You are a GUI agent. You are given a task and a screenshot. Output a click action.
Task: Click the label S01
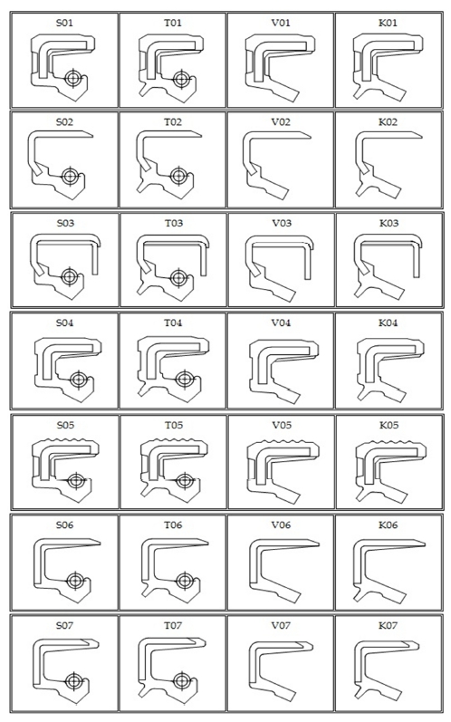pyautogui.click(x=64, y=23)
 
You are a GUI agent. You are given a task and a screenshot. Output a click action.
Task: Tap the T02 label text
pyautogui.click(x=173, y=122)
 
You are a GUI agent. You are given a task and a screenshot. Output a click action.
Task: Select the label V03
pyautogui.click(x=281, y=224)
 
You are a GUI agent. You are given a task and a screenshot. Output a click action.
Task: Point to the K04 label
pyautogui.click(x=388, y=323)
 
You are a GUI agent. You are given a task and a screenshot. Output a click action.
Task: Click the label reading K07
pyautogui.click(x=388, y=626)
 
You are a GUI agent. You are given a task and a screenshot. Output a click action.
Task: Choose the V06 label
pyautogui.click(x=281, y=525)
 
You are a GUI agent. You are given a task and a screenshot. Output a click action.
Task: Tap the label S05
pyautogui.click(x=65, y=425)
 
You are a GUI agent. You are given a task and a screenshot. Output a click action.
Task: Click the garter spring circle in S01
pyautogui.click(x=72, y=78)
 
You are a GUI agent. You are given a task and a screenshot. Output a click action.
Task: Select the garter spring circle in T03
pyautogui.click(x=178, y=277)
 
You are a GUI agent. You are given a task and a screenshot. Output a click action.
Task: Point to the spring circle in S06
pyautogui.click(x=74, y=581)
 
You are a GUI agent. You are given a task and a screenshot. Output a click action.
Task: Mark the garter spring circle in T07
pyautogui.click(x=182, y=680)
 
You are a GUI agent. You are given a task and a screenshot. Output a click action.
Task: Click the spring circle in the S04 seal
pyautogui.click(x=78, y=380)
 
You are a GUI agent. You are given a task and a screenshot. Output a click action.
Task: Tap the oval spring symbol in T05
pyautogui.click(x=184, y=481)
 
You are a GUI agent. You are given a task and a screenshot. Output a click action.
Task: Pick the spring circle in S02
pyautogui.click(x=70, y=176)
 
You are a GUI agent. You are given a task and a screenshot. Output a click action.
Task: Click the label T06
pyautogui.click(x=173, y=525)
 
